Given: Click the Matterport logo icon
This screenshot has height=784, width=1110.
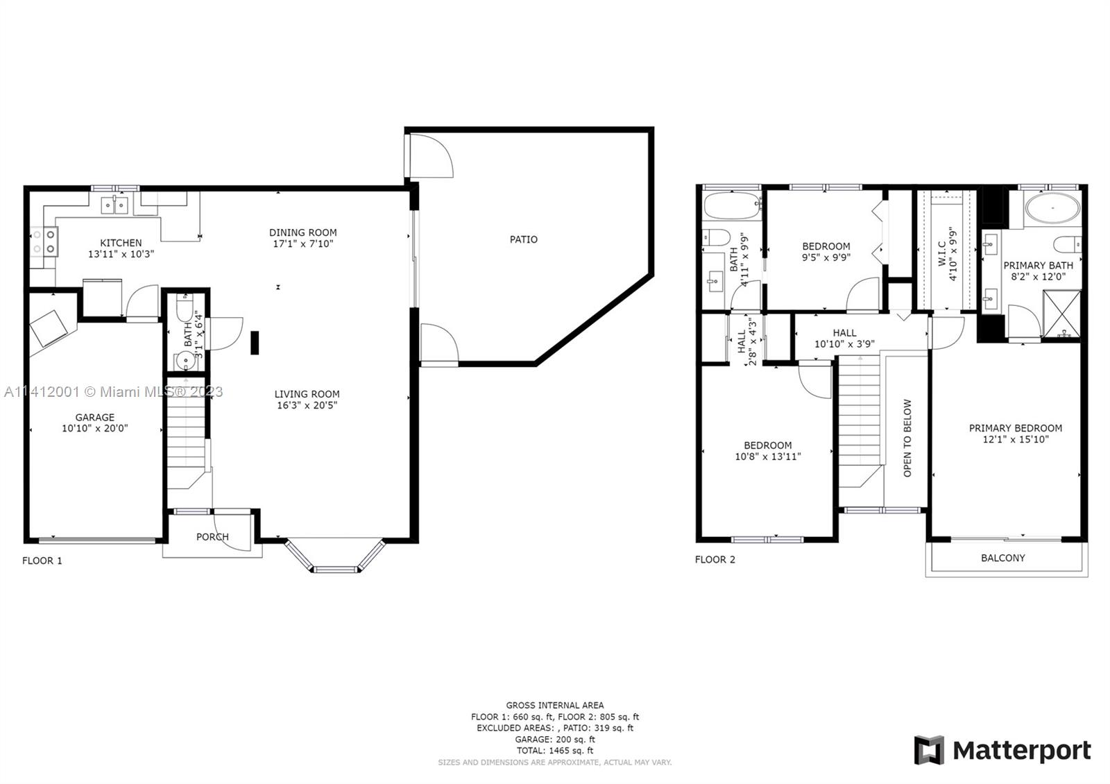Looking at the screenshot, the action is click(929, 750).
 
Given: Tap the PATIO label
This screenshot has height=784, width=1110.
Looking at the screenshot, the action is click(523, 239).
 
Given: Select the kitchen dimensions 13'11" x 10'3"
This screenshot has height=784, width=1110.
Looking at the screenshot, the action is click(121, 254).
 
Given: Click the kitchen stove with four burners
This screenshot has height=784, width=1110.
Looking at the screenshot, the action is click(44, 241).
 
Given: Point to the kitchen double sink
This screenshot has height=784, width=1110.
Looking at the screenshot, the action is click(115, 205).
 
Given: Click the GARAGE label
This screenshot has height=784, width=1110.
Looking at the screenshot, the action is click(94, 417).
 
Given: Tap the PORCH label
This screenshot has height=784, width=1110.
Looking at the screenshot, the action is click(212, 537).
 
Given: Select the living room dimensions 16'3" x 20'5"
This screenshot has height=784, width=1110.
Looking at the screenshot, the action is click(307, 405).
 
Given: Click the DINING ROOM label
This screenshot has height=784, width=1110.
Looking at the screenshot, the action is click(302, 232).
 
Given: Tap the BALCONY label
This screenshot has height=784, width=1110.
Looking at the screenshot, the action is click(1003, 558).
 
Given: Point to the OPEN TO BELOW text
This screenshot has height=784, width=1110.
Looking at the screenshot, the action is click(907, 438).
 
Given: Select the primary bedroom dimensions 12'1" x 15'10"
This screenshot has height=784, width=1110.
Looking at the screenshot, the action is click(1016, 439).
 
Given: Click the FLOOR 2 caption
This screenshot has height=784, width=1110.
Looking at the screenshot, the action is click(715, 559).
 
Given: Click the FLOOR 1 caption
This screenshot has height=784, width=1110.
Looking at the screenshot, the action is click(42, 561).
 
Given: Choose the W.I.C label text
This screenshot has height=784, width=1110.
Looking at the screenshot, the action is click(942, 254).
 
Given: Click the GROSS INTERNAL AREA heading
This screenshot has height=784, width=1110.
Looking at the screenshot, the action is click(555, 705).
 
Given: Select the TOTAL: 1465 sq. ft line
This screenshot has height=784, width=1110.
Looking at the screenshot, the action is click(555, 750).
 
